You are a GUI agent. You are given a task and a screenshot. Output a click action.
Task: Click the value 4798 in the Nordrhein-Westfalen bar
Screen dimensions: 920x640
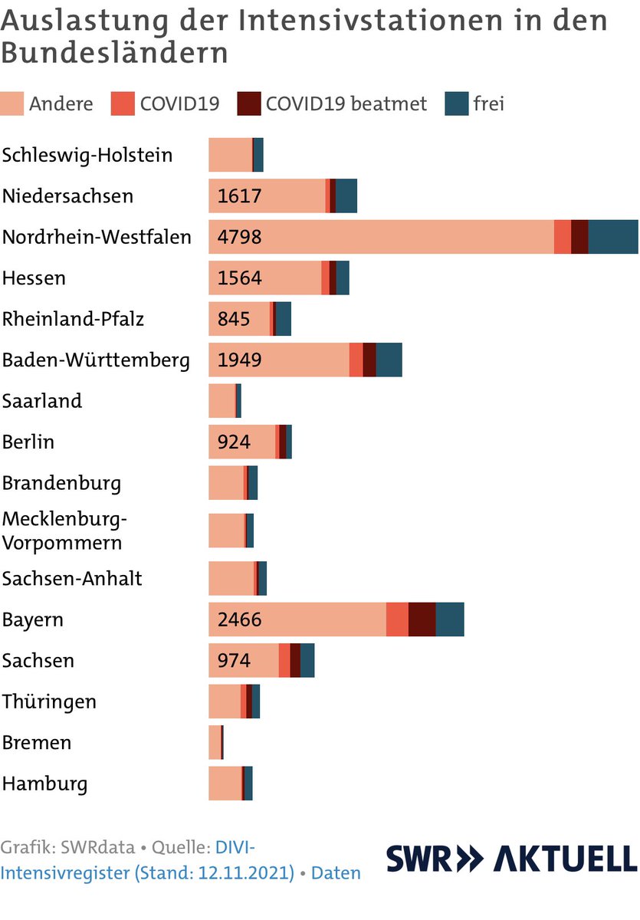240,237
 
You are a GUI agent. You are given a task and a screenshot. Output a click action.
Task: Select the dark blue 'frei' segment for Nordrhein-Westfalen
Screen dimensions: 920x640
612,237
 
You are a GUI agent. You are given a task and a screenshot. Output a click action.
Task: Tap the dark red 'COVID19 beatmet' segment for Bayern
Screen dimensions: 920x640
422,619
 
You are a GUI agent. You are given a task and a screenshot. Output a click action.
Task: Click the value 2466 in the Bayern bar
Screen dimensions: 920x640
240,619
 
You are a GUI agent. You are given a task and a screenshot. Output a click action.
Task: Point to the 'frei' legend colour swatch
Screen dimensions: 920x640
456,104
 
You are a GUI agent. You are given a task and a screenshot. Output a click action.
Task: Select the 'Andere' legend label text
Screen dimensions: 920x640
61,104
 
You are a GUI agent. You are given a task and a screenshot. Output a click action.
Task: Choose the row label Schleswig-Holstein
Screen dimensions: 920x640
87,156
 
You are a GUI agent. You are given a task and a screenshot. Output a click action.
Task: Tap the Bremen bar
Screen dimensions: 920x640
215,743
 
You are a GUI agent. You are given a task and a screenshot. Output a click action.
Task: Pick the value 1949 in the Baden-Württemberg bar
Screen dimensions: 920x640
240,360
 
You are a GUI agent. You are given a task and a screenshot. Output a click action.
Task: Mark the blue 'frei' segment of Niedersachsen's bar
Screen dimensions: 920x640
346,196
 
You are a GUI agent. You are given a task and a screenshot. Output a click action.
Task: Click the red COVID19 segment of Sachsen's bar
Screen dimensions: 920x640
284,661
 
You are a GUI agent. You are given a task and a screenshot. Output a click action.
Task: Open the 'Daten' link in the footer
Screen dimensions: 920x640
336,873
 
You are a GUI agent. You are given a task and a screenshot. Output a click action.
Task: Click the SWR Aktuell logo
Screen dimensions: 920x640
511,859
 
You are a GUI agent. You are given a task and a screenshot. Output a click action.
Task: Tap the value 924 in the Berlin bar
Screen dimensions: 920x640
235,442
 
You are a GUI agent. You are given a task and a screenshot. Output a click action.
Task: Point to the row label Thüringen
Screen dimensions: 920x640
49,701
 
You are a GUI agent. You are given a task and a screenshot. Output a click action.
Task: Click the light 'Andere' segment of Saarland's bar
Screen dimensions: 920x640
222,401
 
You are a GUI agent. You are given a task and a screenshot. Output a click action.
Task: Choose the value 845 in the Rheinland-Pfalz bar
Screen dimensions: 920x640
235,319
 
